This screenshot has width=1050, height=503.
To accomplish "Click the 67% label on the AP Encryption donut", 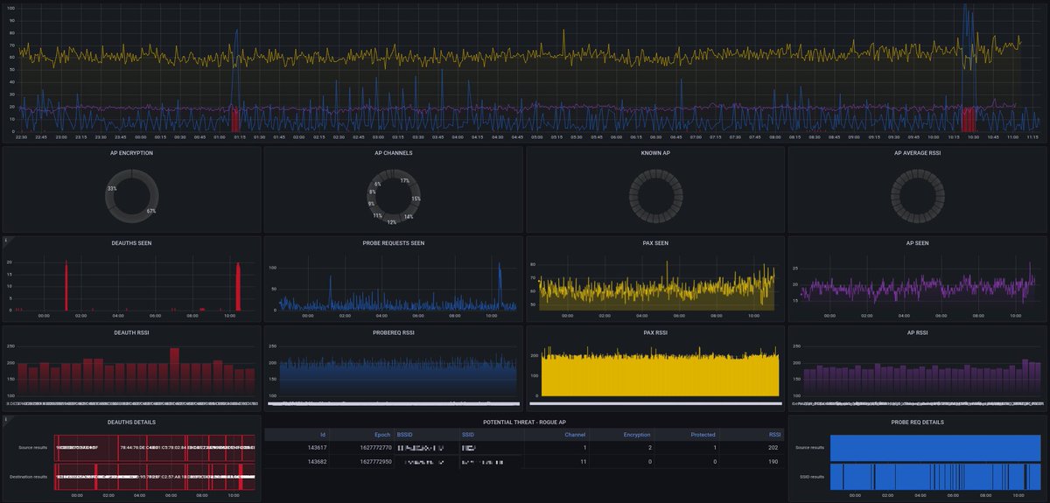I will [x=151, y=211].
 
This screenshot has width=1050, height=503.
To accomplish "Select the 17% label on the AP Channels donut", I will [x=404, y=181].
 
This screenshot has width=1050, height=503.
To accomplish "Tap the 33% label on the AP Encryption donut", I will [x=112, y=188].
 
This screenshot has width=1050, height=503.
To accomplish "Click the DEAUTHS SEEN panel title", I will [x=132, y=242].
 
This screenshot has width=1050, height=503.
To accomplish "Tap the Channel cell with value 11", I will [x=583, y=461].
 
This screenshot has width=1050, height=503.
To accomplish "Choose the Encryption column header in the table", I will [x=636, y=434].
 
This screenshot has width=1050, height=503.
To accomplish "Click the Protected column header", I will [x=703, y=434].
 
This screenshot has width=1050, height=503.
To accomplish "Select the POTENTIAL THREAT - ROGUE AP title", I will [x=524, y=422].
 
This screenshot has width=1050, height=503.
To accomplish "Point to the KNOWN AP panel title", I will [x=655, y=152].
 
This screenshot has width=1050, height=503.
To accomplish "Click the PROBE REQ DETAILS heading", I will [x=917, y=422].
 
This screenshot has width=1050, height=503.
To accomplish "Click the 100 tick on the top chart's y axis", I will [x=10, y=7].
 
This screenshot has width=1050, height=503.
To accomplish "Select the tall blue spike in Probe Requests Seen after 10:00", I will [x=500, y=284].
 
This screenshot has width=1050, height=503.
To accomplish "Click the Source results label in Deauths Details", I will [x=32, y=447].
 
